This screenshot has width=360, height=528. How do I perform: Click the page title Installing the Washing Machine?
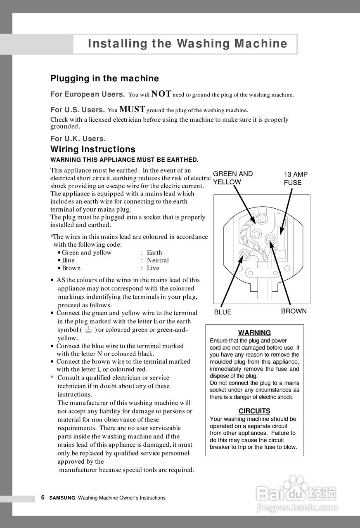(187, 44)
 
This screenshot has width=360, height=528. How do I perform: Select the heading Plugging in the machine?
(104, 78)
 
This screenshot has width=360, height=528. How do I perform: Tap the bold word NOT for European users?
(161, 94)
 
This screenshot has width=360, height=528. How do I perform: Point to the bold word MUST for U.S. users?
(132, 109)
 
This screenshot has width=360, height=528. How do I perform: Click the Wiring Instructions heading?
(93, 149)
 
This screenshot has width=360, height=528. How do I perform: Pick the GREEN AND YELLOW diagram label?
(233, 178)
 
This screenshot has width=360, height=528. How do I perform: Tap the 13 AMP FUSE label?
(296, 178)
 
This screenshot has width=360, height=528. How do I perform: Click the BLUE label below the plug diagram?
(223, 312)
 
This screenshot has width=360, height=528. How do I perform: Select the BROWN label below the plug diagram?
(294, 311)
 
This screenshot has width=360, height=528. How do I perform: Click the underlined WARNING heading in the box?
(254, 333)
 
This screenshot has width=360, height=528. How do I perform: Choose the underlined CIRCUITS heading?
(254, 411)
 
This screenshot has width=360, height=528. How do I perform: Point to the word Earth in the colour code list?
(154, 252)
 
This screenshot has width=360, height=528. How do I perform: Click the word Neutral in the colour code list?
(158, 260)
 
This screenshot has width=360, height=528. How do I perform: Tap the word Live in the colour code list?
(153, 268)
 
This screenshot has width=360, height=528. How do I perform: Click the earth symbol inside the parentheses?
(88, 330)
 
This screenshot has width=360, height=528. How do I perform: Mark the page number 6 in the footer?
(43, 497)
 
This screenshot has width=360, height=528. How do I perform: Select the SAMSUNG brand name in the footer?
(62, 498)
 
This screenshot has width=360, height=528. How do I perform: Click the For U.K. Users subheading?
(78, 139)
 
